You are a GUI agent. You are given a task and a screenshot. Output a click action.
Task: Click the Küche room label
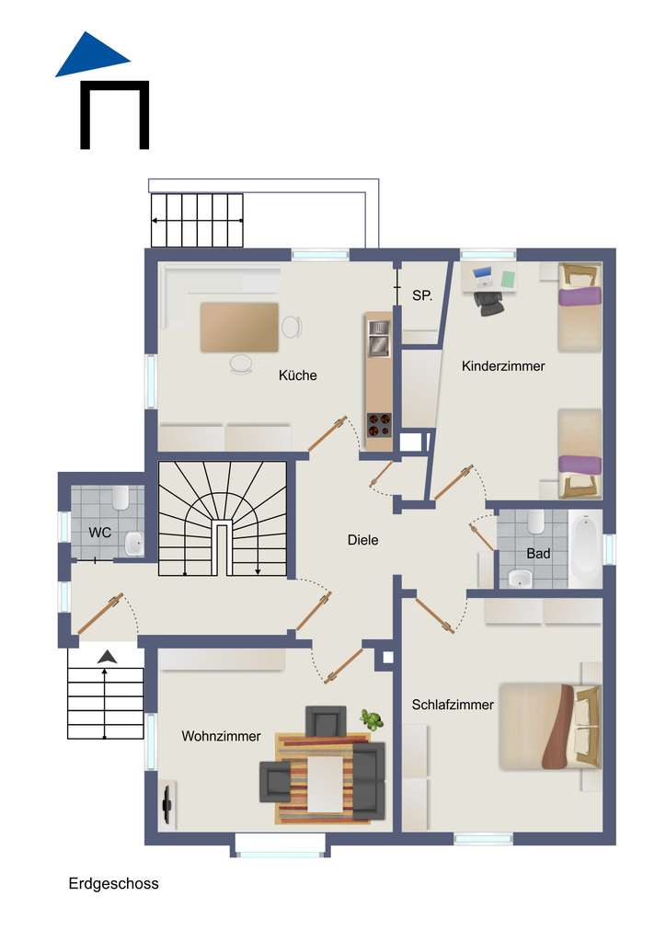298,375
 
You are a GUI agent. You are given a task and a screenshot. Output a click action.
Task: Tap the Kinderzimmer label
503,366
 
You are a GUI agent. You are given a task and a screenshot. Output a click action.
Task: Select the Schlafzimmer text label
454,706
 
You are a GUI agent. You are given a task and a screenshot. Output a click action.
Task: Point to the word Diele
362,540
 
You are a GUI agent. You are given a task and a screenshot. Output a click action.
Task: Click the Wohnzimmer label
221,736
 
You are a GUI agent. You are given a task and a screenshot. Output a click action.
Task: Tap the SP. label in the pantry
422,295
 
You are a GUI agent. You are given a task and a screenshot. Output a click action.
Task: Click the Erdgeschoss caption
113,884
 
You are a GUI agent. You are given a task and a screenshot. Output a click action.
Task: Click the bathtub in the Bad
585,548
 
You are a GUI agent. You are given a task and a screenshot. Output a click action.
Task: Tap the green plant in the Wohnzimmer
372,718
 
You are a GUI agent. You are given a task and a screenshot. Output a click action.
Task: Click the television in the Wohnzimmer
167,802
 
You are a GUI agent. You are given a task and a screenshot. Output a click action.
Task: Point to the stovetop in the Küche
379,424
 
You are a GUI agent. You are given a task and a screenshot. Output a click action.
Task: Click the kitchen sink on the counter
378,344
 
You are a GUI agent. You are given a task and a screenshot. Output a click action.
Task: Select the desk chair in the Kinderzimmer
491,304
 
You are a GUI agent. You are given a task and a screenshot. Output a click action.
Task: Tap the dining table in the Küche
239,327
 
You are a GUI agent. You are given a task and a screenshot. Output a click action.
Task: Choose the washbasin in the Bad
520,579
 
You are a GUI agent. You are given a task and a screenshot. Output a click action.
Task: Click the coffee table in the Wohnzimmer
324,783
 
